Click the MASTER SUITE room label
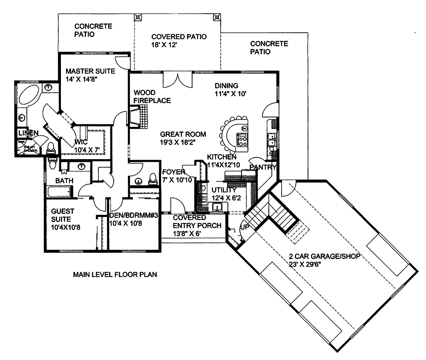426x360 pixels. (x=90, y=75)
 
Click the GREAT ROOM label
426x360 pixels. (x=183, y=138)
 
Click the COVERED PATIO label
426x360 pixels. (x=179, y=40)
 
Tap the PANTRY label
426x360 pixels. (x=263, y=167)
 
